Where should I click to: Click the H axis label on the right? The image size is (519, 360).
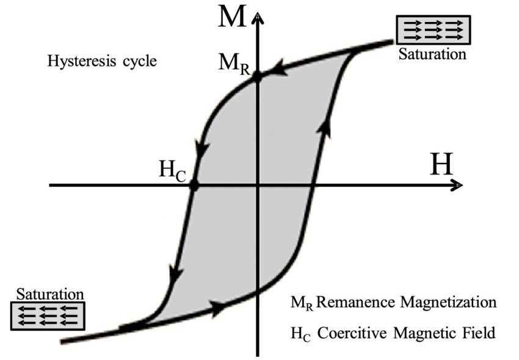click(x=442, y=164)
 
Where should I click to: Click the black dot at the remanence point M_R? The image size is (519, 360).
click(x=257, y=76)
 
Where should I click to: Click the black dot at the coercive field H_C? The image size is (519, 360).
click(x=194, y=185)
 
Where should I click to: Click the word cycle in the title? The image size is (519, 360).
click(x=129, y=62)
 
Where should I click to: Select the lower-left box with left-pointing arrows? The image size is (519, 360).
click(x=48, y=316)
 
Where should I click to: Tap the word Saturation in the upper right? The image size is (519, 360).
click(x=432, y=54)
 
